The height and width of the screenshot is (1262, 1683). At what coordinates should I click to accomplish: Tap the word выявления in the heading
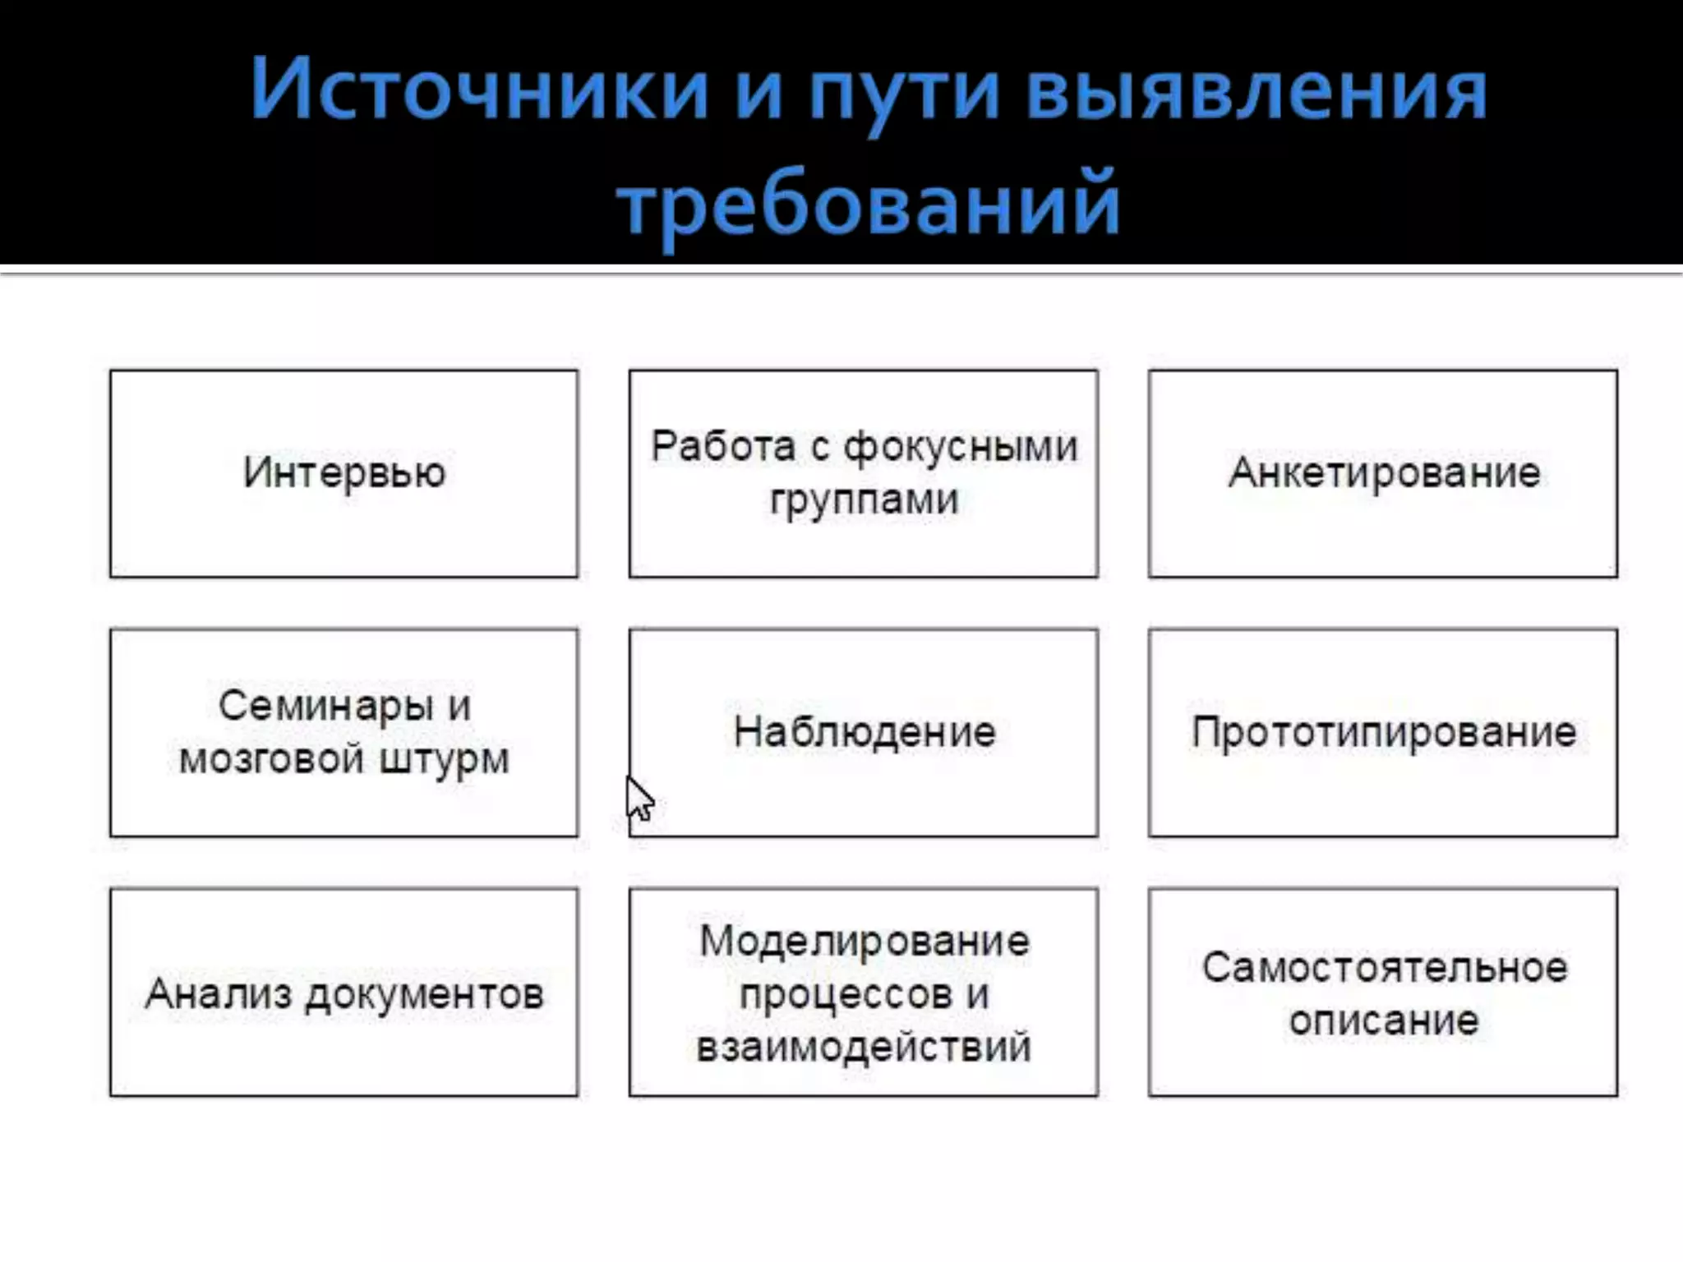[1256, 90]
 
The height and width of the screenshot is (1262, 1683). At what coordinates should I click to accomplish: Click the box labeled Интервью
[344, 473]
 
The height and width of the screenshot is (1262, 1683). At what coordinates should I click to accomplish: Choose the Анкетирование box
[1383, 473]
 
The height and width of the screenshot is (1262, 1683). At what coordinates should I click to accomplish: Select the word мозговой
[271, 758]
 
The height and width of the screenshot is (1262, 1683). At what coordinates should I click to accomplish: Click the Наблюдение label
[864, 732]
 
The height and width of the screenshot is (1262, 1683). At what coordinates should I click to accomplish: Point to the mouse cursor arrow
[639, 798]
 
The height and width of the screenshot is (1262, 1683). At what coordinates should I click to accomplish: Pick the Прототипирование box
[1383, 732]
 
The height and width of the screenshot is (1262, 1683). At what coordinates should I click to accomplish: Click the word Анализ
[219, 993]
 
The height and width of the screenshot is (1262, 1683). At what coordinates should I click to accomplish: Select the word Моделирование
[864, 941]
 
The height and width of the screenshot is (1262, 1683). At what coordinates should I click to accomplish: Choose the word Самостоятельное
[1384, 968]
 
